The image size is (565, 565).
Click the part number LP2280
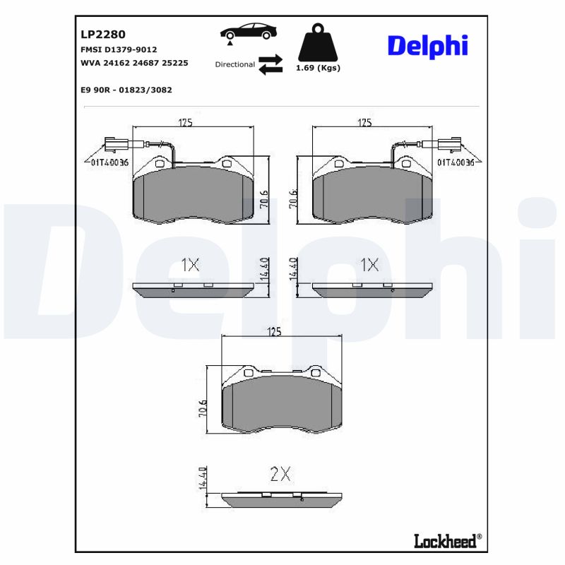[103, 34]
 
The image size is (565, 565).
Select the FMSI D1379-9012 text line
[119, 49]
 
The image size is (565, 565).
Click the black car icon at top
[248, 32]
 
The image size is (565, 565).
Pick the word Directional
[235, 64]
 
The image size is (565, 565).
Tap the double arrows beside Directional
[270, 64]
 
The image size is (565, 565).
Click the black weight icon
[319, 43]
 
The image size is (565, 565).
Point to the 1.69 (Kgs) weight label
[319, 68]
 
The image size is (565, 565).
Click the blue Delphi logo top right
[427, 46]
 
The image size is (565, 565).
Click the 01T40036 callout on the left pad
[109, 162]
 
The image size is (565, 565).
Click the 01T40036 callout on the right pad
[456, 162]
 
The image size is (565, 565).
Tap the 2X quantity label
[280, 474]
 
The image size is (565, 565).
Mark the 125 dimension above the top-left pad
[186, 123]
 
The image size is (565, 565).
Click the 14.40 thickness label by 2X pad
[203, 478]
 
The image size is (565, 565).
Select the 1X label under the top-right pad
[369, 265]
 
